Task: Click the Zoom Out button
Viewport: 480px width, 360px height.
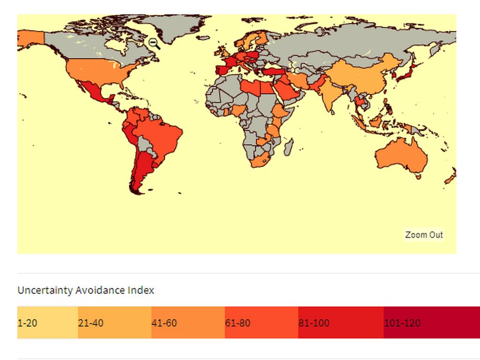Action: click(x=424, y=235)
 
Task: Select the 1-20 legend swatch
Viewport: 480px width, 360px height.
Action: click(x=47, y=322)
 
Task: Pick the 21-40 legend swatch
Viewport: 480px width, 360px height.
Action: click(x=114, y=322)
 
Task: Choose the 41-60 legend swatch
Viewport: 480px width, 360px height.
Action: click(x=187, y=322)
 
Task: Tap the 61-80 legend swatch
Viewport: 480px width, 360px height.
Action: click(x=261, y=322)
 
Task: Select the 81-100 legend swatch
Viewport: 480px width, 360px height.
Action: click(x=340, y=322)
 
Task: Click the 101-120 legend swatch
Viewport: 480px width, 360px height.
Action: click(x=431, y=322)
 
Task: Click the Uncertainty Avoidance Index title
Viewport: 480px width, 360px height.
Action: click(x=86, y=290)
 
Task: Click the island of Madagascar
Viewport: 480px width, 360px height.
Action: click(x=289, y=146)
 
